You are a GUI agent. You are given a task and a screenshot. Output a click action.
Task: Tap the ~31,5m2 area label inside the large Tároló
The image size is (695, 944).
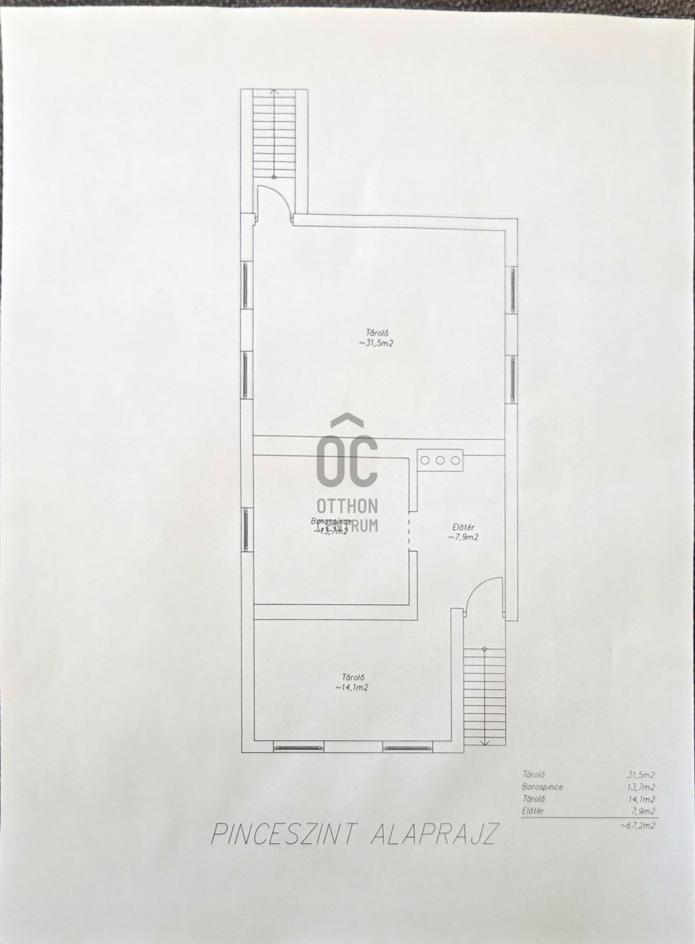tap(376, 343)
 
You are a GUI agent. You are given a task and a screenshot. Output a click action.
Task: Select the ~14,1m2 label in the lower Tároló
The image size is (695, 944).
tap(352, 687)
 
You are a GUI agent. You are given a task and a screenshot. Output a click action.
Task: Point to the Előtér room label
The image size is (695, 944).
tap(462, 528)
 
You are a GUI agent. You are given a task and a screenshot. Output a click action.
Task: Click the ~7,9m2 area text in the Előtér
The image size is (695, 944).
tap(463, 537)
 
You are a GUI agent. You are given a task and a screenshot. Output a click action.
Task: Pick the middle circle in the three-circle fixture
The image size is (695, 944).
tap(440, 460)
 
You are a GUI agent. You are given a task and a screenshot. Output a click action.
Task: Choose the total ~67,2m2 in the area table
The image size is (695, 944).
tap(638, 826)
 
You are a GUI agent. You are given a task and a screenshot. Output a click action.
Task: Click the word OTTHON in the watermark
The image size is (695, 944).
tap(348, 505)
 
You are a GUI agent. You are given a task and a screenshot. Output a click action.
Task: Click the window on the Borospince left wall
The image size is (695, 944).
tap(245, 529)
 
